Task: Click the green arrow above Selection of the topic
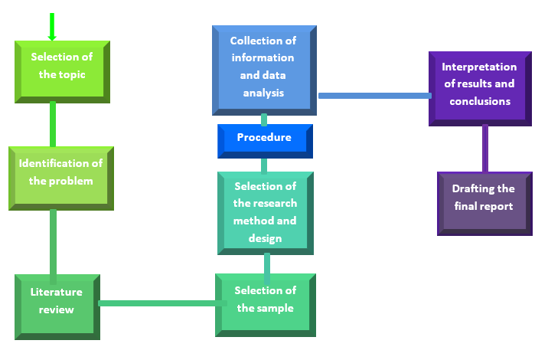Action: coord(52,27)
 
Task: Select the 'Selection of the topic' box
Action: coord(62,72)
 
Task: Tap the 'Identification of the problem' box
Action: coord(61,178)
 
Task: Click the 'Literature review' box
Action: coord(57,307)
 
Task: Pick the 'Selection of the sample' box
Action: coord(266,305)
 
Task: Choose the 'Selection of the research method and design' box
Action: coord(266,213)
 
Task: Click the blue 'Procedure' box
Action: coord(265,141)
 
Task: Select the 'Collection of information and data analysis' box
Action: coord(264,70)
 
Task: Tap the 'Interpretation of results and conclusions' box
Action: coord(480,89)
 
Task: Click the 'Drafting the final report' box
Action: coord(484,204)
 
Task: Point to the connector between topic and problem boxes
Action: coord(53,124)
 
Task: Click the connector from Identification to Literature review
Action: coord(53,247)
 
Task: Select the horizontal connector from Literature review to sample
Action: coord(162,303)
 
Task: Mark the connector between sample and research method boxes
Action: coord(267,268)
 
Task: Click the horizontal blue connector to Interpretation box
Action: coord(375,96)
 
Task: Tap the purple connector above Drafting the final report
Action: coord(485,149)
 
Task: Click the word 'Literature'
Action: coord(57,292)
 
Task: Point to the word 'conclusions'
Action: coord(480,101)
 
